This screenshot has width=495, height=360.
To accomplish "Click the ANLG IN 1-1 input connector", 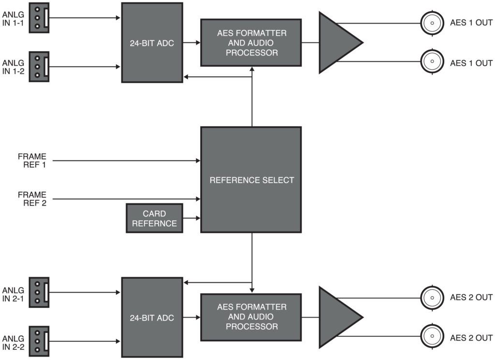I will click(x=39, y=19).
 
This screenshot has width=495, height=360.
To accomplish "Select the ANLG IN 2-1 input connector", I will click(x=39, y=291).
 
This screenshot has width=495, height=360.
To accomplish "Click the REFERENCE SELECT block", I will click(x=251, y=180).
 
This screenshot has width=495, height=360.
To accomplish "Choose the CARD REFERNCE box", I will click(x=154, y=218).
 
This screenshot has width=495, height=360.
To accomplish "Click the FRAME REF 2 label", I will click(x=32, y=199).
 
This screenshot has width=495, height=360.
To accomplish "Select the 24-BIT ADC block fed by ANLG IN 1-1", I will click(x=152, y=43).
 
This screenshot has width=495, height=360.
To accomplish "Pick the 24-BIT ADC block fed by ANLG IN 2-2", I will click(x=152, y=317).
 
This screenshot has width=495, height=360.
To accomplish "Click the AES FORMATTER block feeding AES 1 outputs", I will click(x=251, y=43).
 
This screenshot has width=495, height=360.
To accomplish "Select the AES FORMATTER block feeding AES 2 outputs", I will click(x=251, y=317).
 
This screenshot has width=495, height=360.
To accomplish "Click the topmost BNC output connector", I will click(x=432, y=23).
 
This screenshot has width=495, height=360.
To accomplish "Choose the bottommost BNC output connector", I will click(x=432, y=337).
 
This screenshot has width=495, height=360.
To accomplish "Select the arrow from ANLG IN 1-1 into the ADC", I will click(x=85, y=19).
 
